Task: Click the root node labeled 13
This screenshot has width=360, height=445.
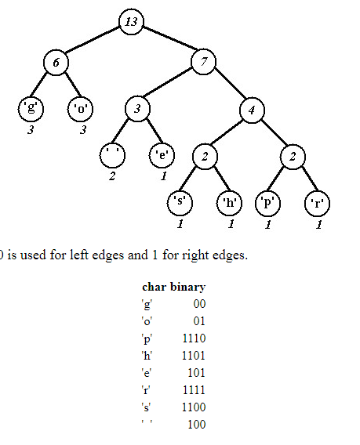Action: [131, 22]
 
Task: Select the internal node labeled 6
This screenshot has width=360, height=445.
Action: [56, 63]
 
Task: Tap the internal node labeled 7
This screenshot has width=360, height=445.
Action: [204, 62]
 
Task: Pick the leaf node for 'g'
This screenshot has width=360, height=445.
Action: [31, 109]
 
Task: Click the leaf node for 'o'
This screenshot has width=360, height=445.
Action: [81, 109]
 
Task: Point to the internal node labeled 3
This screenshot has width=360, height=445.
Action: [137, 109]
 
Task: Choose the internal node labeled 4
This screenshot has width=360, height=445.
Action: [252, 110]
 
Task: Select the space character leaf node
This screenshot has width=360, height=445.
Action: [112, 156]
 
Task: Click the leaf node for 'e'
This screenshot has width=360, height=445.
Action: [162, 156]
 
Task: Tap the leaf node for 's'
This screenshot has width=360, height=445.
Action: [180, 203]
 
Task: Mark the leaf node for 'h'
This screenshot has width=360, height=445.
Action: [230, 203]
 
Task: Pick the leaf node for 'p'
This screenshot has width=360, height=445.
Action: [268, 204]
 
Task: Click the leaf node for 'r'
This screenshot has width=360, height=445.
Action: [317, 204]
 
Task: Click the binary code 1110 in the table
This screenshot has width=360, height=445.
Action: [194, 338]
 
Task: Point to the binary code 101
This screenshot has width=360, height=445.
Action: [196, 373]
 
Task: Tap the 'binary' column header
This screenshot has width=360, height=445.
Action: [187, 288]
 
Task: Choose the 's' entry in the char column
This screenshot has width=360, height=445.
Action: [146, 407]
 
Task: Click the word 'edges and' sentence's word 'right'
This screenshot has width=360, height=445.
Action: [193, 255]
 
